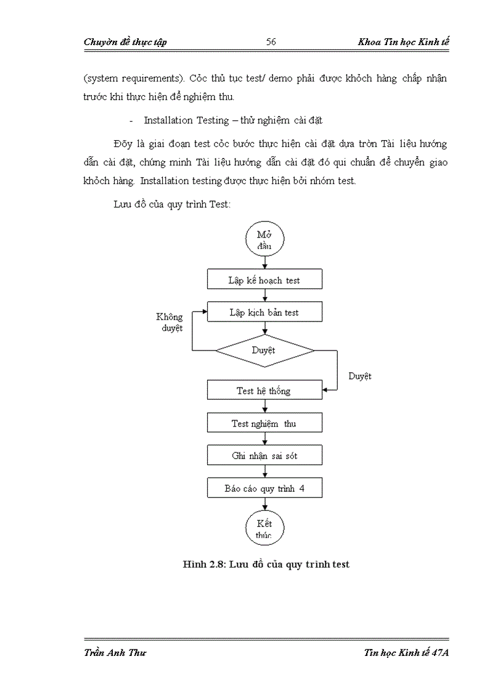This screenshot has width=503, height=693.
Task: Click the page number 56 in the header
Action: click(x=271, y=42)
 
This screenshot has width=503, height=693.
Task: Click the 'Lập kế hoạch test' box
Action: click(x=264, y=280)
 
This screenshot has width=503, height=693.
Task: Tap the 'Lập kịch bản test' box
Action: click(x=264, y=312)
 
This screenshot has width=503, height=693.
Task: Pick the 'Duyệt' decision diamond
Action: click(x=264, y=351)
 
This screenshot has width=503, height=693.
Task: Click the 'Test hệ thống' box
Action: click(x=264, y=391)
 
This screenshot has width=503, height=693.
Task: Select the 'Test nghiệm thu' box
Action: click(x=264, y=423)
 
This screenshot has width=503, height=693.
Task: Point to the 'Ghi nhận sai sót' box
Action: click(x=264, y=456)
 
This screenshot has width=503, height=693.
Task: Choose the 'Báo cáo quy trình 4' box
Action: click(x=264, y=488)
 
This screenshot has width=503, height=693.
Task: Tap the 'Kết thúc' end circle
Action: click(x=264, y=528)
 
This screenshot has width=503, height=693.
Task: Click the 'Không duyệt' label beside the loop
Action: click(x=170, y=323)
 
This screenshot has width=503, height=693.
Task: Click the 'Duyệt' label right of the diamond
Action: click(x=359, y=376)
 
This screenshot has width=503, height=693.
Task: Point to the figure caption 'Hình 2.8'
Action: click(x=266, y=564)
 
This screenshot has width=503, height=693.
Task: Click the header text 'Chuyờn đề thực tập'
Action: click(x=125, y=42)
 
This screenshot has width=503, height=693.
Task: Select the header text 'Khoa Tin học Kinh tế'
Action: click(x=404, y=42)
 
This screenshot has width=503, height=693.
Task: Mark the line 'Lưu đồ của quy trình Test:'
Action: click(x=172, y=204)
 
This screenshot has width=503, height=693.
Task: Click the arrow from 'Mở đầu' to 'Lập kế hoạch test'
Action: click(x=264, y=262)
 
